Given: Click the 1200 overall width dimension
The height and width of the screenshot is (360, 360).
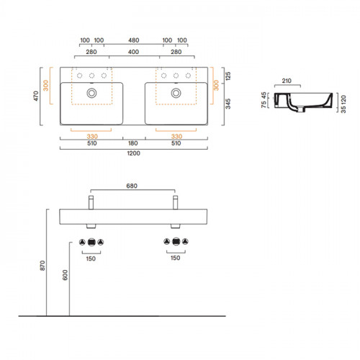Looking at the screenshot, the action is point(133,153).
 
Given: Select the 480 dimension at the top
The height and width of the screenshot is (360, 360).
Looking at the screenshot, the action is point(133,40).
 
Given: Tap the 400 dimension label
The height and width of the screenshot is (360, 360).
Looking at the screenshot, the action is point(133,52).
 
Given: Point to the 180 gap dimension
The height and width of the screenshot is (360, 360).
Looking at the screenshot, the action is point(132,143).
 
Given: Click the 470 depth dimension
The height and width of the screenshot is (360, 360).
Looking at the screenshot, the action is point(36,96).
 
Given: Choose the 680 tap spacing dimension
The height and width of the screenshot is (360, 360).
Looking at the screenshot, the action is point(132,186).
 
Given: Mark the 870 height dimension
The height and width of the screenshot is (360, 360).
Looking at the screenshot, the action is point(42,266).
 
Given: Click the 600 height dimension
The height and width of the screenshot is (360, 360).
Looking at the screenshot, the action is point(65,275).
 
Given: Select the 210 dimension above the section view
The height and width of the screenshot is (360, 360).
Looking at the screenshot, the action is point(287,81).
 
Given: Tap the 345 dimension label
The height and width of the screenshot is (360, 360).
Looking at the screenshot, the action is point(228,104).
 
